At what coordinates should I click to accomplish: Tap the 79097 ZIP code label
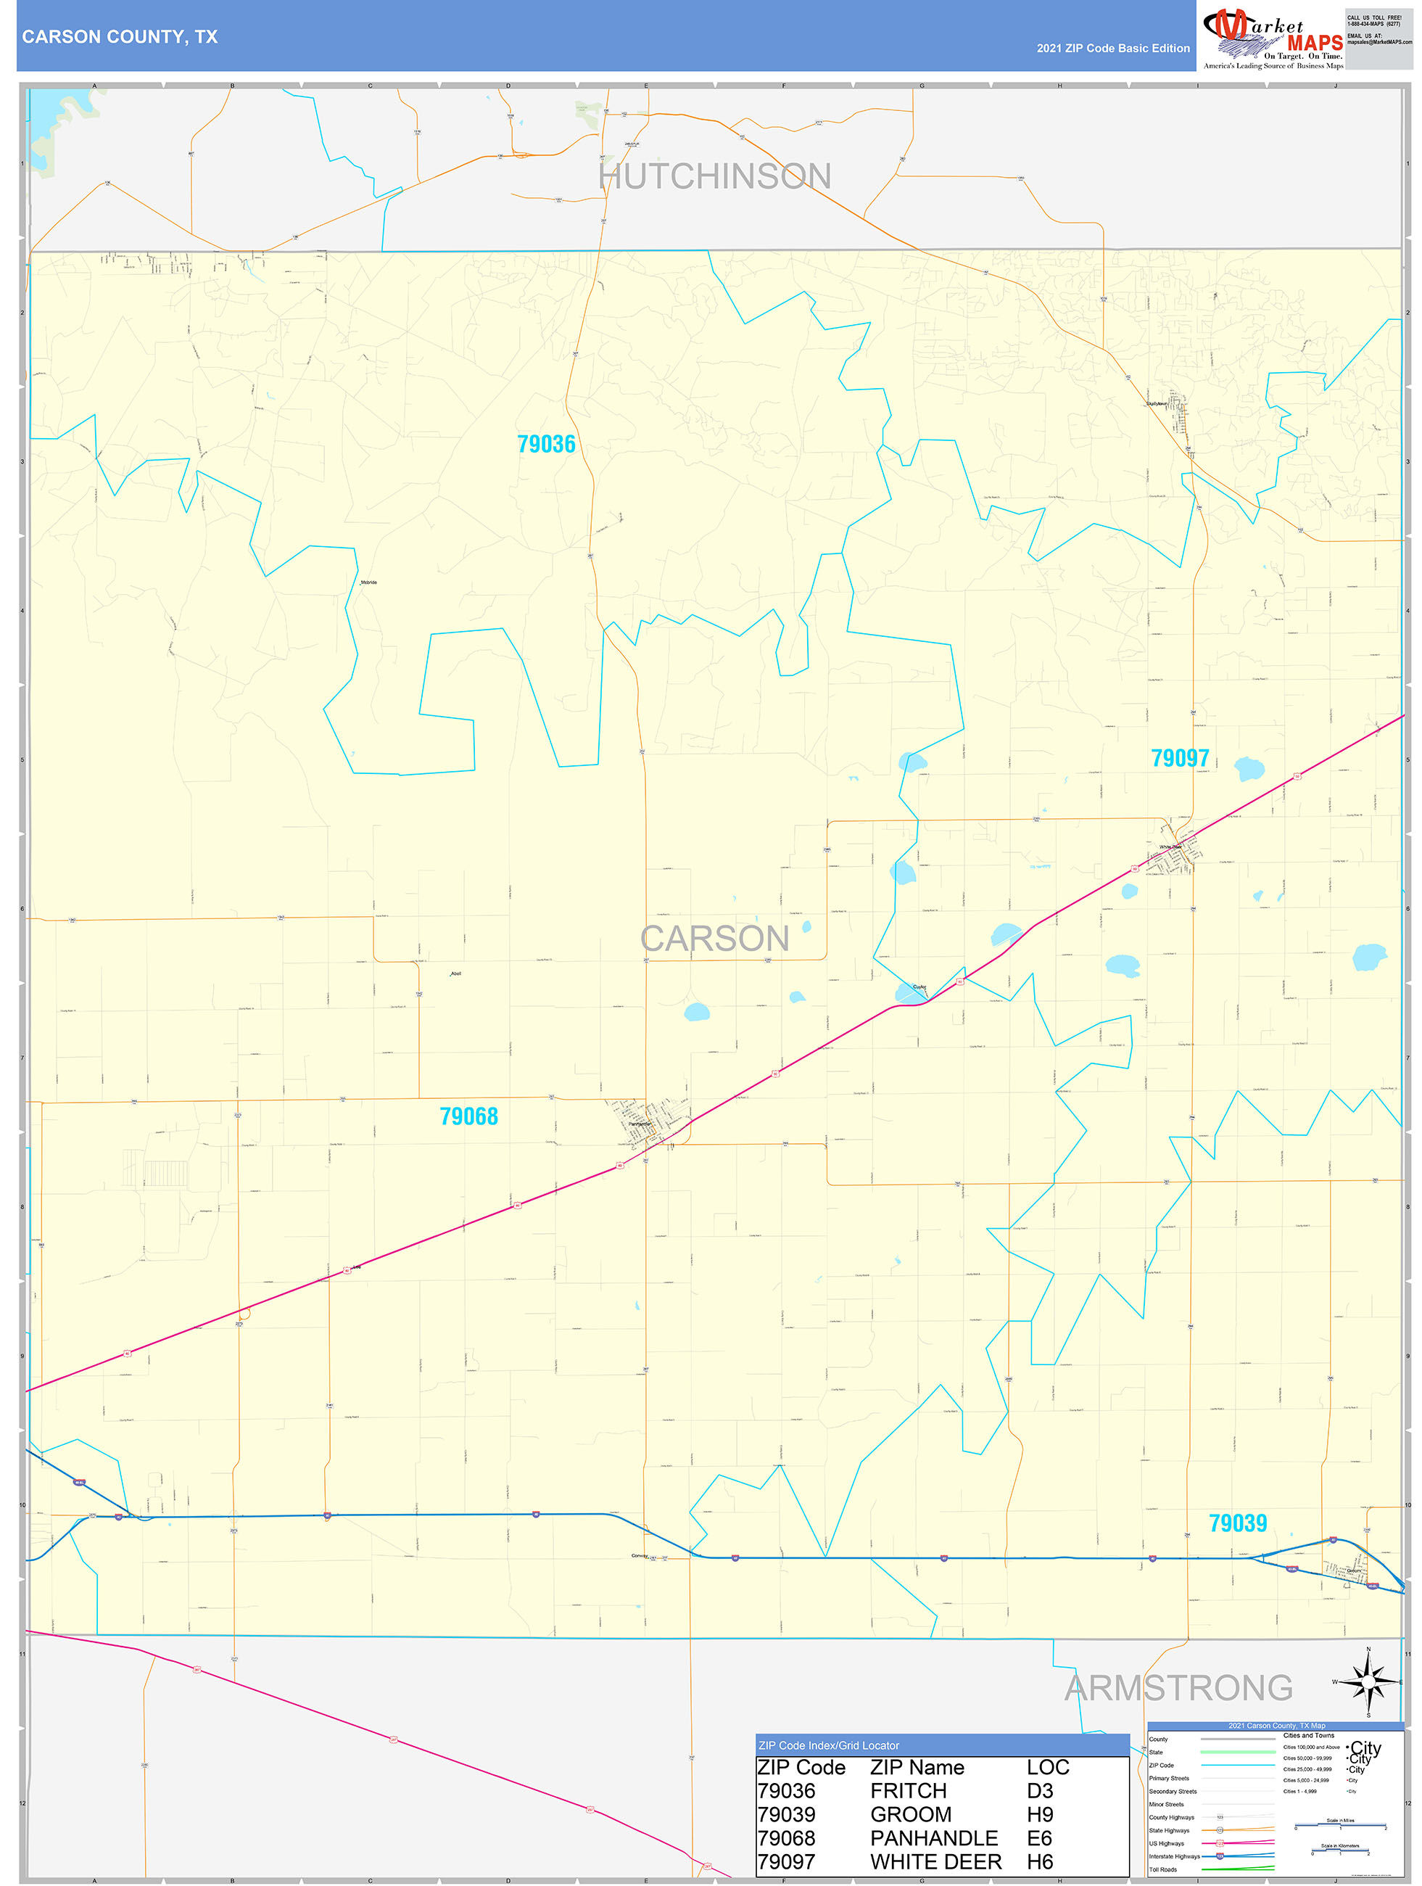1179,758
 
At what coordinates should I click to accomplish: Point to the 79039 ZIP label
1237,1523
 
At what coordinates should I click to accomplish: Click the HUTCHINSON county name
714,176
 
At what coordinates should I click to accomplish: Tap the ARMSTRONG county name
1178,1687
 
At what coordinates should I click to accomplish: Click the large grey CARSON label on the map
714,939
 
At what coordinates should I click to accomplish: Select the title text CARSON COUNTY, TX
120,37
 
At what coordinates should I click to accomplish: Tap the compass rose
1368,1682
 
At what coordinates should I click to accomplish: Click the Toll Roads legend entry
1163,1869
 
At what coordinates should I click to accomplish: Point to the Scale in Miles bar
1340,1827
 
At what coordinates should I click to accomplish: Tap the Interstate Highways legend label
1174,1856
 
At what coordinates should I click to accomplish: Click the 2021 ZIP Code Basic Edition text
1112,49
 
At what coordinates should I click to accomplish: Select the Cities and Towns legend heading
1309,1735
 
